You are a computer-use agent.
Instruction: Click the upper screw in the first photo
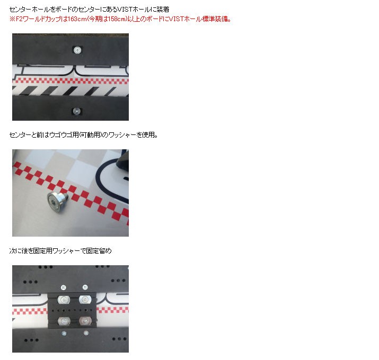pyautogui.click(x=77, y=50)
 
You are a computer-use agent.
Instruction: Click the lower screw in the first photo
pyautogui.click(x=77, y=111)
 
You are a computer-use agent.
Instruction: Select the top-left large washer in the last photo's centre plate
pyautogui.click(x=64, y=299)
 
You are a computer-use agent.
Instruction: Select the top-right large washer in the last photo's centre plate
pyautogui.click(x=84, y=299)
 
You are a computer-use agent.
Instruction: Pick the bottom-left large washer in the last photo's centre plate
pyautogui.click(x=64, y=321)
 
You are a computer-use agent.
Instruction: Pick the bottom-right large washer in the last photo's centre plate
pyautogui.click(x=84, y=321)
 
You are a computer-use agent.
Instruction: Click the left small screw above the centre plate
pyautogui.click(x=64, y=287)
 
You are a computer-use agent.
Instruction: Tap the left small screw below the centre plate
pyautogui.click(x=64, y=333)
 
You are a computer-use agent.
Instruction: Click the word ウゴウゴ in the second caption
pyautogui.click(x=59, y=135)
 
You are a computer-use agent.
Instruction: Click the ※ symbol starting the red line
pyautogui.click(x=12, y=19)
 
